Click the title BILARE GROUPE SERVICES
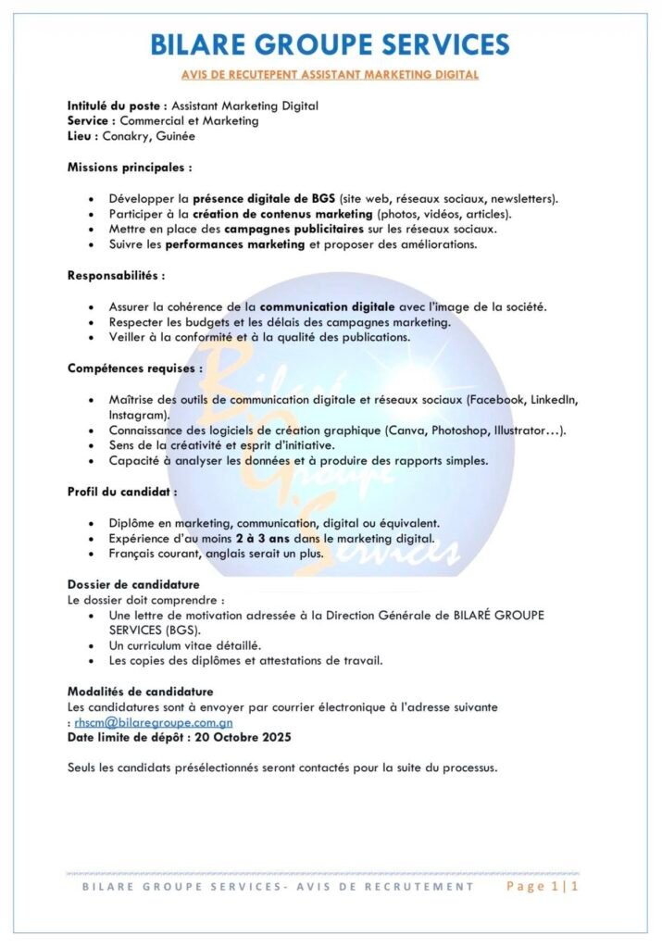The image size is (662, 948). [x=330, y=44]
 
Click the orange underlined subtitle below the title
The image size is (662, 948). [x=330, y=73]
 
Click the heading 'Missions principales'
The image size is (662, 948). [x=130, y=168]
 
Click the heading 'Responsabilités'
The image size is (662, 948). [x=117, y=275]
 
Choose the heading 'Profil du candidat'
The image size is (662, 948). [x=122, y=492]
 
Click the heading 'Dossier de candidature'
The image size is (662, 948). [x=133, y=585]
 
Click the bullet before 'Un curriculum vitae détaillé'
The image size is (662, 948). [x=91, y=645]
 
